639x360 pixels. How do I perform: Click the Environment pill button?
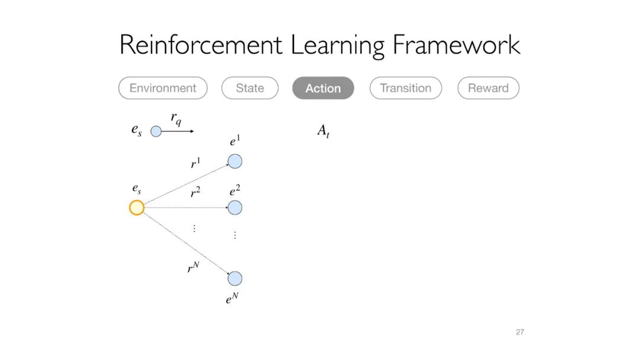pos(163,88)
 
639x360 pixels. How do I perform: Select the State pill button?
pos(250,88)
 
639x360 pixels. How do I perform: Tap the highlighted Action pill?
pos(323,88)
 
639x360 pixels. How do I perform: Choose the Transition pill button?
pos(405,88)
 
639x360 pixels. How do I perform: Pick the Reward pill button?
pos(488,88)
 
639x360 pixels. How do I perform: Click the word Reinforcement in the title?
pos(201,46)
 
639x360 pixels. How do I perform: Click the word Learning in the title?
pos(337,46)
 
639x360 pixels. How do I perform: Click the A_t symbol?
pos(323,131)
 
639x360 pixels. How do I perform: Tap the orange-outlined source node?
pos(137,208)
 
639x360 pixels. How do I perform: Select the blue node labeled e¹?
pos(235,161)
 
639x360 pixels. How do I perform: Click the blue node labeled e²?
pos(235,208)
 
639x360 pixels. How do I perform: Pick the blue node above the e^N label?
pos(235,278)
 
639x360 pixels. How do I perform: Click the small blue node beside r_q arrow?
pos(156,131)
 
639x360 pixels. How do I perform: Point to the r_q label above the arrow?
pos(176,119)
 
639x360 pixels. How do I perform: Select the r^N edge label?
pos(193,268)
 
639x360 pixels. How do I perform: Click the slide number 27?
pos(519,332)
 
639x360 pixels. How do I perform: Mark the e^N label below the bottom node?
pos(231,299)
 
